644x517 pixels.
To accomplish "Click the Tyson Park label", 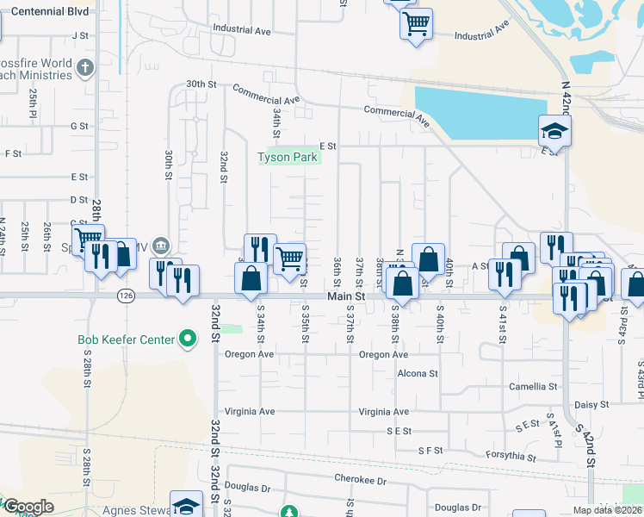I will click(288, 157).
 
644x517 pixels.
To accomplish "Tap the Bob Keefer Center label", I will click(127, 339).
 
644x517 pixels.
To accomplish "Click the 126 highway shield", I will click(126, 296).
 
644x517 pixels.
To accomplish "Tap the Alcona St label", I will click(418, 374).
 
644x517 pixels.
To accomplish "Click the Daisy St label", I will click(591, 404).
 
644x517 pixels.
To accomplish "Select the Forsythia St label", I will click(513, 458).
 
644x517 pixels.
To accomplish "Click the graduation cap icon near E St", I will click(554, 132).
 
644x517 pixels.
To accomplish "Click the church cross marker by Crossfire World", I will click(84, 67).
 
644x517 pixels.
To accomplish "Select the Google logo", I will click(28, 507).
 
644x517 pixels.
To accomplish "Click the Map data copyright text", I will click(608, 510).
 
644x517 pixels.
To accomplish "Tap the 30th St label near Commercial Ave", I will click(201, 84).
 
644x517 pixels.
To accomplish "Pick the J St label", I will click(82, 35).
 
